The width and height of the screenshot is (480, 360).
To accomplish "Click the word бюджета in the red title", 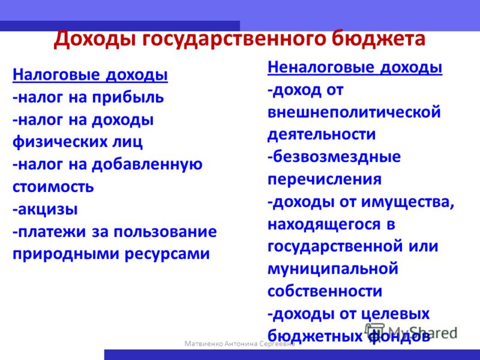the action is point(379,39).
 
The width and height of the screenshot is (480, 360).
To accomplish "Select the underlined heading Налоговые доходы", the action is point(90,76).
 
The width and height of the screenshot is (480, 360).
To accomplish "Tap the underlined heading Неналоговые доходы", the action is point(355,68).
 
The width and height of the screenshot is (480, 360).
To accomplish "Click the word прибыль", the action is point(128,97).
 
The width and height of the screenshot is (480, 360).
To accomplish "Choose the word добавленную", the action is point(147,164).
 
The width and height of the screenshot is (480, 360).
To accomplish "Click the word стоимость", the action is point(53,187).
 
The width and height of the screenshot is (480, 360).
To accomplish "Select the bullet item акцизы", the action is point(45,209).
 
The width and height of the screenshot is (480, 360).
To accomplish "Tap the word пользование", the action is point(165,232).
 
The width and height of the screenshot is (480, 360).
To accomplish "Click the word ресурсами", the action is point(167,254).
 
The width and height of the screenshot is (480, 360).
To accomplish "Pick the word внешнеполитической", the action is point(354,112).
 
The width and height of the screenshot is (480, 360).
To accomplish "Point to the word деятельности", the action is point(322,134).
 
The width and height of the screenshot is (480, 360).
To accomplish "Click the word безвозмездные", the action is point(334,157).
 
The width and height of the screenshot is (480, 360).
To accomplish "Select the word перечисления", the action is point(325,179).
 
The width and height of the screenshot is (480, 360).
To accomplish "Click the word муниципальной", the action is point(333,269).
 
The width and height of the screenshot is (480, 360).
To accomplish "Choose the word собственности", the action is point(325,291).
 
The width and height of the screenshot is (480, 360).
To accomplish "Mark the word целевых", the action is point(394,314).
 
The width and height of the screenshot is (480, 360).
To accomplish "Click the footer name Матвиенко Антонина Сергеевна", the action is point(239,343).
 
